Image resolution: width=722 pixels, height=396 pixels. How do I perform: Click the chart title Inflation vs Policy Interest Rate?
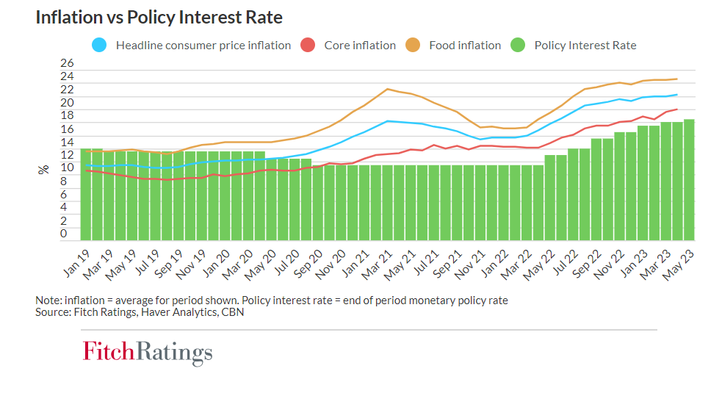tap(159, 17)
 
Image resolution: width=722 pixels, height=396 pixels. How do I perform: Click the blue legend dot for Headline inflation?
tap(101, 45)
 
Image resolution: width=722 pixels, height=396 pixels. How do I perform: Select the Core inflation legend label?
tap(360, 46)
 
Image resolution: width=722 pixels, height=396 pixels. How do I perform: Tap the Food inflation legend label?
tap(465, 46)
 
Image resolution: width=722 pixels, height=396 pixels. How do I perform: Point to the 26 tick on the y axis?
tap(67, 64)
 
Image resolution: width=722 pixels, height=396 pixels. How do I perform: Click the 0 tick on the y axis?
tap(63, 234)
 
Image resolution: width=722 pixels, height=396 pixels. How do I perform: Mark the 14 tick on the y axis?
tap(67, 142)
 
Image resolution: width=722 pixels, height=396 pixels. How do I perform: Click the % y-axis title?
tap(43, 169)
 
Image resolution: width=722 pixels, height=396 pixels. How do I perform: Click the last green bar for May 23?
tap(689, 180)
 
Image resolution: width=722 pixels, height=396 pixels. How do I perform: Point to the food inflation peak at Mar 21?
tap(387, 89)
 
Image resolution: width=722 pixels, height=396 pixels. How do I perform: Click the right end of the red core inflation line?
tap(676, 109)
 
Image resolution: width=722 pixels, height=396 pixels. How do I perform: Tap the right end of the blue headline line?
tap(676, 95)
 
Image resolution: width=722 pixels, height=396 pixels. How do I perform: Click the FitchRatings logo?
tap(147, 352)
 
